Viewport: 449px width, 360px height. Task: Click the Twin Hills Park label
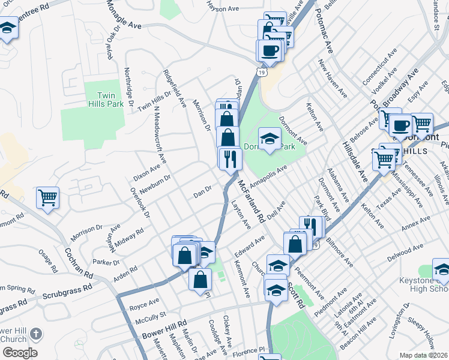[x=106, y=100]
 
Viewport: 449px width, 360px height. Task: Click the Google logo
[x=19, y=353]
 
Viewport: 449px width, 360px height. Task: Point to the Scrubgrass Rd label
[x=67, y=292]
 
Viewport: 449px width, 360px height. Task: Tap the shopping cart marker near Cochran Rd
[x=48, y=197]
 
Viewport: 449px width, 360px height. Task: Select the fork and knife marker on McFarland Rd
[x=230, y=158]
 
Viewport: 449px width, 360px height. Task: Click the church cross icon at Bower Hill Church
[x=36, y=334]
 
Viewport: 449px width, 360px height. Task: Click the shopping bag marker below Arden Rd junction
[x=200, y=279]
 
